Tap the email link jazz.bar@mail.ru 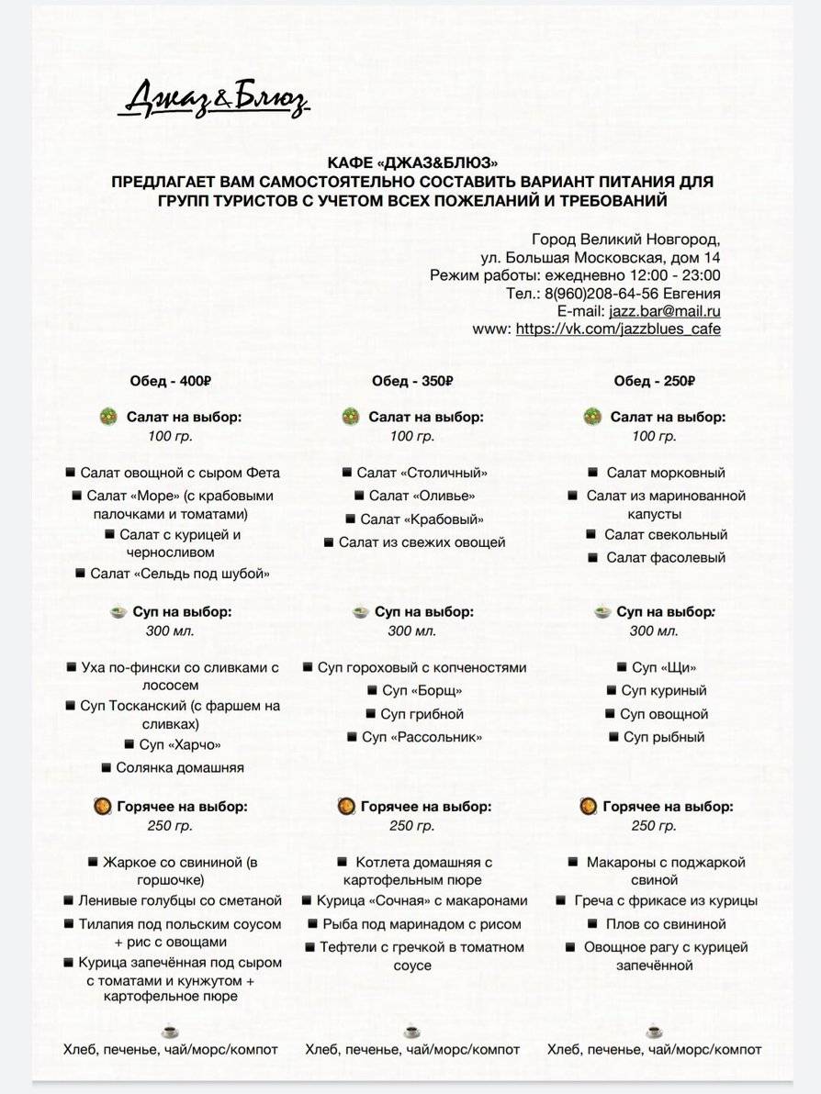pyautogui.click(x=664, y=311)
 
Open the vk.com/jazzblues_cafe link pyautogui.click(x=618, y=329)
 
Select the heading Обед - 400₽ pyautogui.click(x=171, y=381)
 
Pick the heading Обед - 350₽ pyautogui.click(x=412, y=381)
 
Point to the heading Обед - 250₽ pyautogui.click(x=654, y=381)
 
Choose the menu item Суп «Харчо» pyautogui.click(x=179, y=744)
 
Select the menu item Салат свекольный pyautogui.click(x=665, y=534)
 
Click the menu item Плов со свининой pyautogui.click(x=665, y=924)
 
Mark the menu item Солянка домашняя pyautogui.click(x=179, y=767)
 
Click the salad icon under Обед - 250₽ pyautogui.click(x=592, y=417)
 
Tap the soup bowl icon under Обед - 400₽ pyautogui.click(x=118, y=611)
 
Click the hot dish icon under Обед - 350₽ pyautogui.click(x=346, y=807)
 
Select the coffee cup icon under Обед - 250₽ pyautogui.click(x=654, y=1031)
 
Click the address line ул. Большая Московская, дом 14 pyautogui.click(x=601, y=258)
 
